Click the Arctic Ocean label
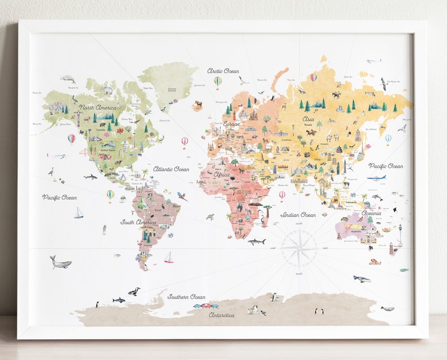[x=223, y=71]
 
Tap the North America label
[x=97, y=107]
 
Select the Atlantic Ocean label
[x=171, y=169]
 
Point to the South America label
[x=138, y=222]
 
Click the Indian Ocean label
[x=298, y=214]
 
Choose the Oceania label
[x=371, y=213]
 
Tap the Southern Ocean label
[x=186, y=296]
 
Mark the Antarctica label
[x=222, y=315]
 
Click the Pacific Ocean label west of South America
[x=59, y=197]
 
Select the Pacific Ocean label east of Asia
[x=386, y=166]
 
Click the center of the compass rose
[x=299, y=248]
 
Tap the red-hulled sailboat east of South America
[x=168, y=258]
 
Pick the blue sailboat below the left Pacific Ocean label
[x=79, y=213]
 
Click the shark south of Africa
[x=257, y=242]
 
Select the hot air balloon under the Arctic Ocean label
[x=218, y=82]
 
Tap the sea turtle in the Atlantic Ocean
[x=209, y=217]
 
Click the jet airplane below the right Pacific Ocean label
[x=376, y=178]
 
